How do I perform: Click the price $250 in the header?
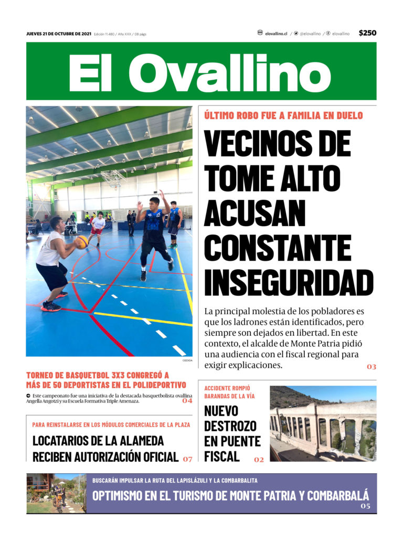[x=367, y=33]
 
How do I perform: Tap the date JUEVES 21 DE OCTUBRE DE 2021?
[x=59, y=34]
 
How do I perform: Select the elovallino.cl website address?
[x=276, y=34]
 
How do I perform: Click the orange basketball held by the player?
[x=81, y=242]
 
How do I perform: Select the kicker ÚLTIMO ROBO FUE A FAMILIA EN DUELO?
[x=283, y=115]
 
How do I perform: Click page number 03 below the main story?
[x=372, y=367]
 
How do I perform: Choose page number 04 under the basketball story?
[x=187, y=401]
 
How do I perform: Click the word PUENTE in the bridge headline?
[x=232, y=441]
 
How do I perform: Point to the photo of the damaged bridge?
[x=323, y=423]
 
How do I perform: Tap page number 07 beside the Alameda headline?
[x=187, y=459]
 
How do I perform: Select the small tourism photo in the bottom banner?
[x=56, y=494]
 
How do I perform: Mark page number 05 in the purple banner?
[x=365, y=506]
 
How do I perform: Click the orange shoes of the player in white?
[x=51, y=306]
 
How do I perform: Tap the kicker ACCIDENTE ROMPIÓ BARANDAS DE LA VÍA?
[x=229, y=392]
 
